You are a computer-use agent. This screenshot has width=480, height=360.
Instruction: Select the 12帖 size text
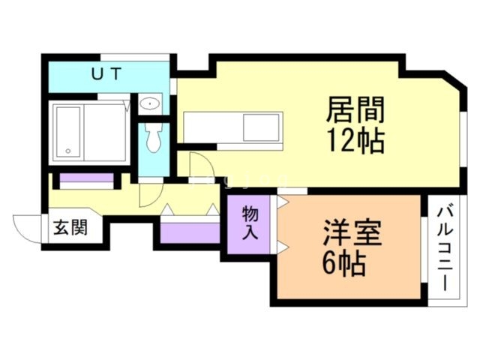355,140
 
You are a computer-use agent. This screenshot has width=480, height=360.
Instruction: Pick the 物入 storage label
250,223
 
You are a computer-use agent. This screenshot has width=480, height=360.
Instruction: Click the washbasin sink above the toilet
150,105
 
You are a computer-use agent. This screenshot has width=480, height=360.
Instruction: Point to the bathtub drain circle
69,151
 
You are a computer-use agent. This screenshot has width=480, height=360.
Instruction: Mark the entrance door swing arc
25,226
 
